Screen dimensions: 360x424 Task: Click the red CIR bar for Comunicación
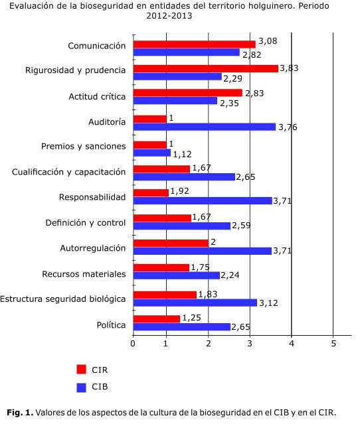pyautogui.click(x=195, y=44)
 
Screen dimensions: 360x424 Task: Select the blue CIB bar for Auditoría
pyautogui.click(x=205, y=127)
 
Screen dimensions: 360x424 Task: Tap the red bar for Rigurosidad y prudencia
pyautogui.click(x=206, y=69)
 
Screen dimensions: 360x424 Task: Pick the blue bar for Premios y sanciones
pyautogui.click(x=152, y=153)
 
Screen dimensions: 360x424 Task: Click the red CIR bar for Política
pyautogui.click(x=157, y=319)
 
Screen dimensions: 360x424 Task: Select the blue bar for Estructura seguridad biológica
pyautogui.click(x=195, y=303)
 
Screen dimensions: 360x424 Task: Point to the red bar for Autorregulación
pyautogui.click(x=171, y=243)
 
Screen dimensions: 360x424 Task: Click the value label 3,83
pyautogui.click(x=289, y=68)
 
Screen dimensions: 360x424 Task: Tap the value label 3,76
pyautogui.click(x=288, y=127)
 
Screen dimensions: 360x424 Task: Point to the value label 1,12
pyautogui.click(x=182, y=154)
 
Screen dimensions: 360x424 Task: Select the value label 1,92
pyautogui.click(x=180, y=191)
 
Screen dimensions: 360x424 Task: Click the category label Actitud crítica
pyautogui.click(x=97, y=96)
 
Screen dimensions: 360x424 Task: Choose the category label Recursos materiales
pyautogui.click(x=84, y=274)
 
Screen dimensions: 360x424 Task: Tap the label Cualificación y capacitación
pyautogui.click(x=69, y=172)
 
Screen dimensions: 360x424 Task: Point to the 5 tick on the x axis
pyautogui.click(x=333, y=344)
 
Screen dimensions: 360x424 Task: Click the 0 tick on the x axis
pyautogui.click(x=133, y=344)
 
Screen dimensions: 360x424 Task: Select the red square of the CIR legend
pyautogui.click(x=81, y=370)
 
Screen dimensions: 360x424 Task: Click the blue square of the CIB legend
pyautogui.click(x=81, y=388)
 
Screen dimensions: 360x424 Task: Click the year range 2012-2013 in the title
pyautogui.click(x=169, y=15)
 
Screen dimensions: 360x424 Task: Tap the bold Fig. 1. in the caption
pyautogui.click(x=20, y=413)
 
